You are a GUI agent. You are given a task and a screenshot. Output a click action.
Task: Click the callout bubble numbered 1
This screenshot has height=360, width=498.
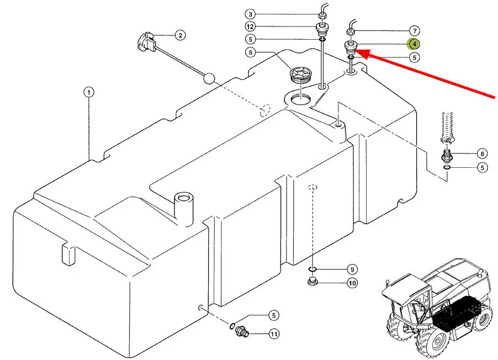pos(89,92)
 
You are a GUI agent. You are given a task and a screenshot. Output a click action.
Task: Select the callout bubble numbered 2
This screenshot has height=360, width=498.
pos(181,35)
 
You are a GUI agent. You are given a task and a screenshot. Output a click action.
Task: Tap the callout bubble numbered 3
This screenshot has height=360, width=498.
pos(250,14)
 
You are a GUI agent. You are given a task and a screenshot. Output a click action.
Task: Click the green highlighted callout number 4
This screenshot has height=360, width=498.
pos(414,44)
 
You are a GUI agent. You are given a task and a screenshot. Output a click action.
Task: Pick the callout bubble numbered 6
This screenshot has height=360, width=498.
pos(251,52)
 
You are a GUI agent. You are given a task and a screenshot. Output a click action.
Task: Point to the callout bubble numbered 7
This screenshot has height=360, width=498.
pos(415,31)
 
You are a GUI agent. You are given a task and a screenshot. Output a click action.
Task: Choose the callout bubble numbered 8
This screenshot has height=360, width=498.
pos(482,154)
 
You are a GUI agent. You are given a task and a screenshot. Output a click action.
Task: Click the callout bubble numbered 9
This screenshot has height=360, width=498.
pos(352,269)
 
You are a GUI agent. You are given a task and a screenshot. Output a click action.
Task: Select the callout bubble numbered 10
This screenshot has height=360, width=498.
pos(352,283)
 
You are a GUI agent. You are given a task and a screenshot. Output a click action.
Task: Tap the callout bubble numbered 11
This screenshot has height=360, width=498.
pos(274,334)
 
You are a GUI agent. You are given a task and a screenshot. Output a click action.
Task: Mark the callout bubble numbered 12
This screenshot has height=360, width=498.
pos(250,27)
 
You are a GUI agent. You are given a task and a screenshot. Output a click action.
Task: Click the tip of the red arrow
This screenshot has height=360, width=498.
pos(354,50)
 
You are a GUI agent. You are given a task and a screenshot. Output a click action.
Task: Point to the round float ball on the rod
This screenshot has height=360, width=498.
pos(209,78)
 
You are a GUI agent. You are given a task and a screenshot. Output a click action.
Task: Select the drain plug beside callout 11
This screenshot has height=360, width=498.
pos(242,332)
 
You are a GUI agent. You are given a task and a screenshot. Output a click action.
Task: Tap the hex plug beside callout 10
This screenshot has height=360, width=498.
pos(313,281)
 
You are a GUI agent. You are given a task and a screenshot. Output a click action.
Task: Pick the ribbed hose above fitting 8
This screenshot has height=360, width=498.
pos(447,127)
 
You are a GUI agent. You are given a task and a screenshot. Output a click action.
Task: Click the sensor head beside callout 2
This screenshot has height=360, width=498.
pos(146,43)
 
